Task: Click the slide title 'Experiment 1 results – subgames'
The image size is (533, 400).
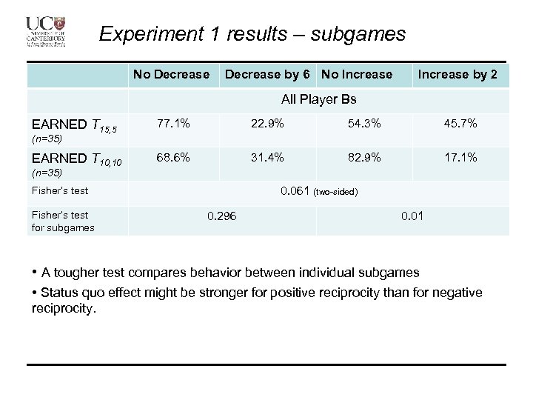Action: tap(252, 34)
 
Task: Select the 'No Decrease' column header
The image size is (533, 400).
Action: tap(171, 74)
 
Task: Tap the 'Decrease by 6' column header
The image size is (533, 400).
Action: tap(267, 74)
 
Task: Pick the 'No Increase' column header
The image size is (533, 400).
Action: tap(357, 74)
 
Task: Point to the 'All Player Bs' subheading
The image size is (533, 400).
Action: tap(319, 99)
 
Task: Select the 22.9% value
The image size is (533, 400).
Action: tap(267, 123)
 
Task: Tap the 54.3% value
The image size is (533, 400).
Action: tap(364, 123)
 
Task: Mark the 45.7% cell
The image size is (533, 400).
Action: tap(460, 123)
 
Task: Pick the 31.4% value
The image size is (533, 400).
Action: tap(267, 157)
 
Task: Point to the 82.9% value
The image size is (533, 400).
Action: tap(364, 157)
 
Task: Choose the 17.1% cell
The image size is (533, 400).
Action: tap(460, 157)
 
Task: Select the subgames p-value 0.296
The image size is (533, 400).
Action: tap(222, 216)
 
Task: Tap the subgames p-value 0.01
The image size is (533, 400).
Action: tap(412, 216)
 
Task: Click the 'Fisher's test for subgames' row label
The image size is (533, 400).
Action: tap(62, 221)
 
